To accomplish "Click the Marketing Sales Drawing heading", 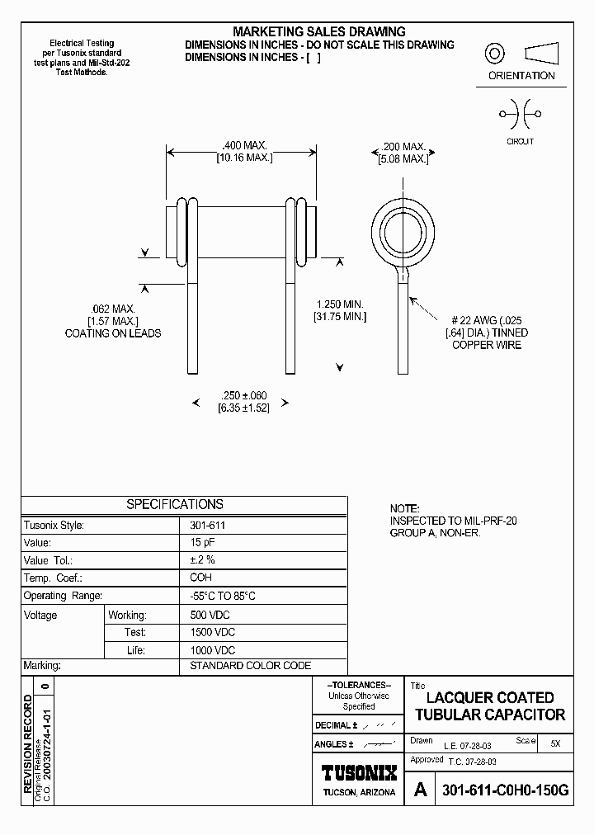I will coord(318,31).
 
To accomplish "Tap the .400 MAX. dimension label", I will coord(243,145).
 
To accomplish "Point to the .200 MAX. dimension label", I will coord(403,147).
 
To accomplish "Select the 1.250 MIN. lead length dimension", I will coord(340,304).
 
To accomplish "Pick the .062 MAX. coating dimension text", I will coord(113,309).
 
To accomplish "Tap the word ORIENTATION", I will coord(521,76).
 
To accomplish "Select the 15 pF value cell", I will coord(202,543).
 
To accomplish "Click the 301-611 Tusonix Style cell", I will coord(208,525).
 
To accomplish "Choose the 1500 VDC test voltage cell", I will coord(212,633).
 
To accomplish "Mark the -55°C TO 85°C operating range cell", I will coord(223,596).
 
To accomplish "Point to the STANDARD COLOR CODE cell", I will coord(251,666).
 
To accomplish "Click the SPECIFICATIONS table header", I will coord(174,504).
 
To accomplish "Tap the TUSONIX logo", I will coord(358,774).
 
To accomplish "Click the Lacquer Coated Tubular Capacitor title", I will coord(489,706).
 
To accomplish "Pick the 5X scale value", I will coord(555,743).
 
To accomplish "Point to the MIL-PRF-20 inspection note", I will coord(453,521).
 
